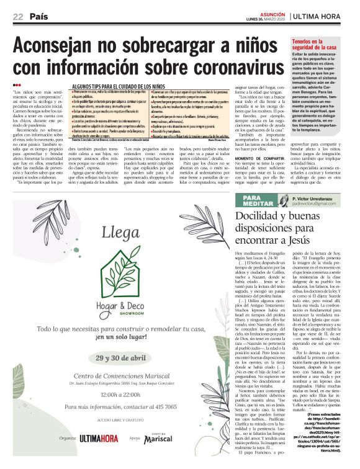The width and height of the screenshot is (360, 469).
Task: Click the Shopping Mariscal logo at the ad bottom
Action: (x=159, y=439)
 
